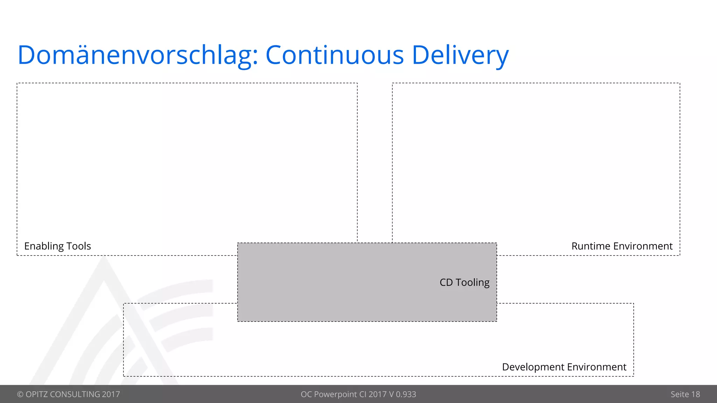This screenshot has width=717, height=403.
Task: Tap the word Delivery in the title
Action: coord(460,55)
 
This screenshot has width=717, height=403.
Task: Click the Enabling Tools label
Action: coord(57,246)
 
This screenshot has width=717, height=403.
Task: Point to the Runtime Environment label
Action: coord(622,246)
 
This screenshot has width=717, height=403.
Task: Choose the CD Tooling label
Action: coord(464,282)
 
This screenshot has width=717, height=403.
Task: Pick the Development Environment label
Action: coord(564,367)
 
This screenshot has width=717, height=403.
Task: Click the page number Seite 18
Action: coord(685,394)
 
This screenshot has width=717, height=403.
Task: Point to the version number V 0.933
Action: coord(402,394)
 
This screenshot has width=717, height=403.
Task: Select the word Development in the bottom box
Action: coord(533,367)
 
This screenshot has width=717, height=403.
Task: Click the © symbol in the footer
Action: coord(20,394)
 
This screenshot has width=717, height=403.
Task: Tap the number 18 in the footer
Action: coord(695,394)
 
